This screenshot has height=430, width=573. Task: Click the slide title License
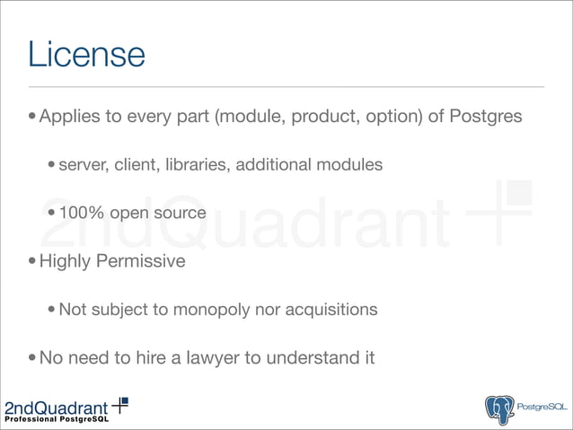point(86,54)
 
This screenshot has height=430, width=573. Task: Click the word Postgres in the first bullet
point(486,117)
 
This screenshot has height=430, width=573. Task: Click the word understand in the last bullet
point(308,358)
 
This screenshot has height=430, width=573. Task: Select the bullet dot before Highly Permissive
point(32,263)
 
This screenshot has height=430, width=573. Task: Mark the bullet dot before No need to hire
point(32,359)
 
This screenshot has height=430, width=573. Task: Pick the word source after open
point(181,214)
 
